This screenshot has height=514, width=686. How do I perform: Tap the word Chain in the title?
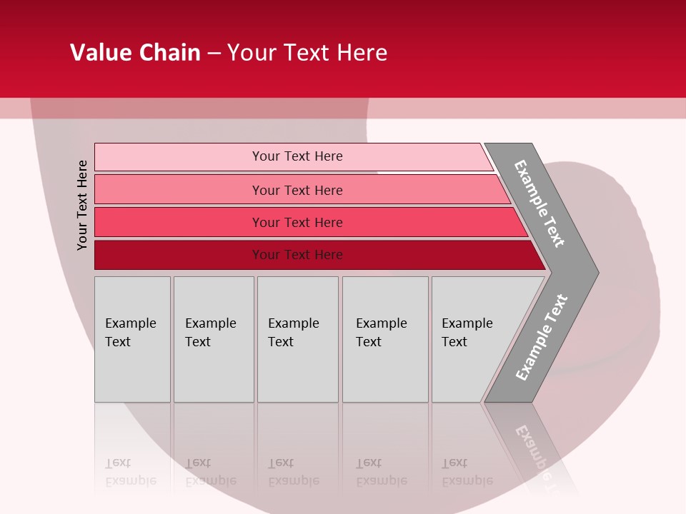coord(169,53)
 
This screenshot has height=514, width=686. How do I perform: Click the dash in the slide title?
coord(214,54)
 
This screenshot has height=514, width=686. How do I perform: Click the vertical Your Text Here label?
coord(82,205)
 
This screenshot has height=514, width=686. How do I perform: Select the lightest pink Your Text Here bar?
coord(297,156)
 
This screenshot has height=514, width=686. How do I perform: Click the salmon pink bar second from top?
coord(297,190)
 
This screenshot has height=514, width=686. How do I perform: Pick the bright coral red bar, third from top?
coord(297,223)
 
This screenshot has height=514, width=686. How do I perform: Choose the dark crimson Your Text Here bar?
coord(297,255)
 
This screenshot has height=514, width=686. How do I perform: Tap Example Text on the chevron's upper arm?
coord(540,203)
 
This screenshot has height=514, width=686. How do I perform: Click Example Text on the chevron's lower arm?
coord(541,338)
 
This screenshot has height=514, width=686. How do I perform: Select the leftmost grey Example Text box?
coord(132,339)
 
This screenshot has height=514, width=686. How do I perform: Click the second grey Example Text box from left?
coord(213,339)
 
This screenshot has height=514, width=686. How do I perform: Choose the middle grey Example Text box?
coord(297,339)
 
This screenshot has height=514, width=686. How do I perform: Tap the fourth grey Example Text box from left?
coord(384,339)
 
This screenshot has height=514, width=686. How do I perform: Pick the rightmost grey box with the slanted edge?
coord(472,339)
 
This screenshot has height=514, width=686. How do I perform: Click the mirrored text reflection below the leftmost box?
coord(130,473)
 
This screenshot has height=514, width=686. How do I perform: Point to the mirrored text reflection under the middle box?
coord(293,473)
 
